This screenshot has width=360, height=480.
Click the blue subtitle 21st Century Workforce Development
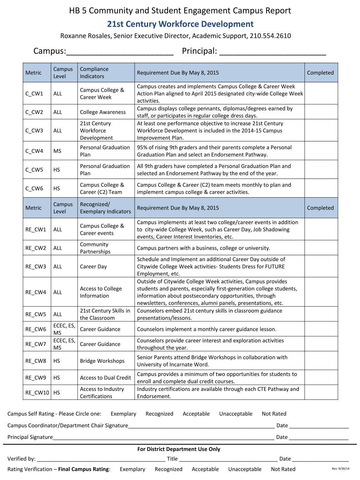(x=180, y=24)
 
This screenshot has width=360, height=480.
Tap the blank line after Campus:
(x=120, y=52)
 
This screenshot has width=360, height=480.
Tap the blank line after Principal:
(x=272, y=52)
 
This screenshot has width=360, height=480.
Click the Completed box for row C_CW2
(x=321, y=112)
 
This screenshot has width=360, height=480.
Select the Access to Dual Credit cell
(x=105, y=378)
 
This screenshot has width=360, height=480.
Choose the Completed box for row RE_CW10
(x=321, y=392)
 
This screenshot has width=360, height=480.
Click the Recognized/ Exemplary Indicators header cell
(x=105, y=208)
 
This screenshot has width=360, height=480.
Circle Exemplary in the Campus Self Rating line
(x=123, y=414)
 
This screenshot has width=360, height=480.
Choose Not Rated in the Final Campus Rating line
(x=283, y=469)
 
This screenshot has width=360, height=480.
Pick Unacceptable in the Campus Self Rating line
(x=236, y=414)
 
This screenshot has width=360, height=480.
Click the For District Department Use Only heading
(x=179, y=449)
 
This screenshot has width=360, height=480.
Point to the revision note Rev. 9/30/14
(x=338, y=468)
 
